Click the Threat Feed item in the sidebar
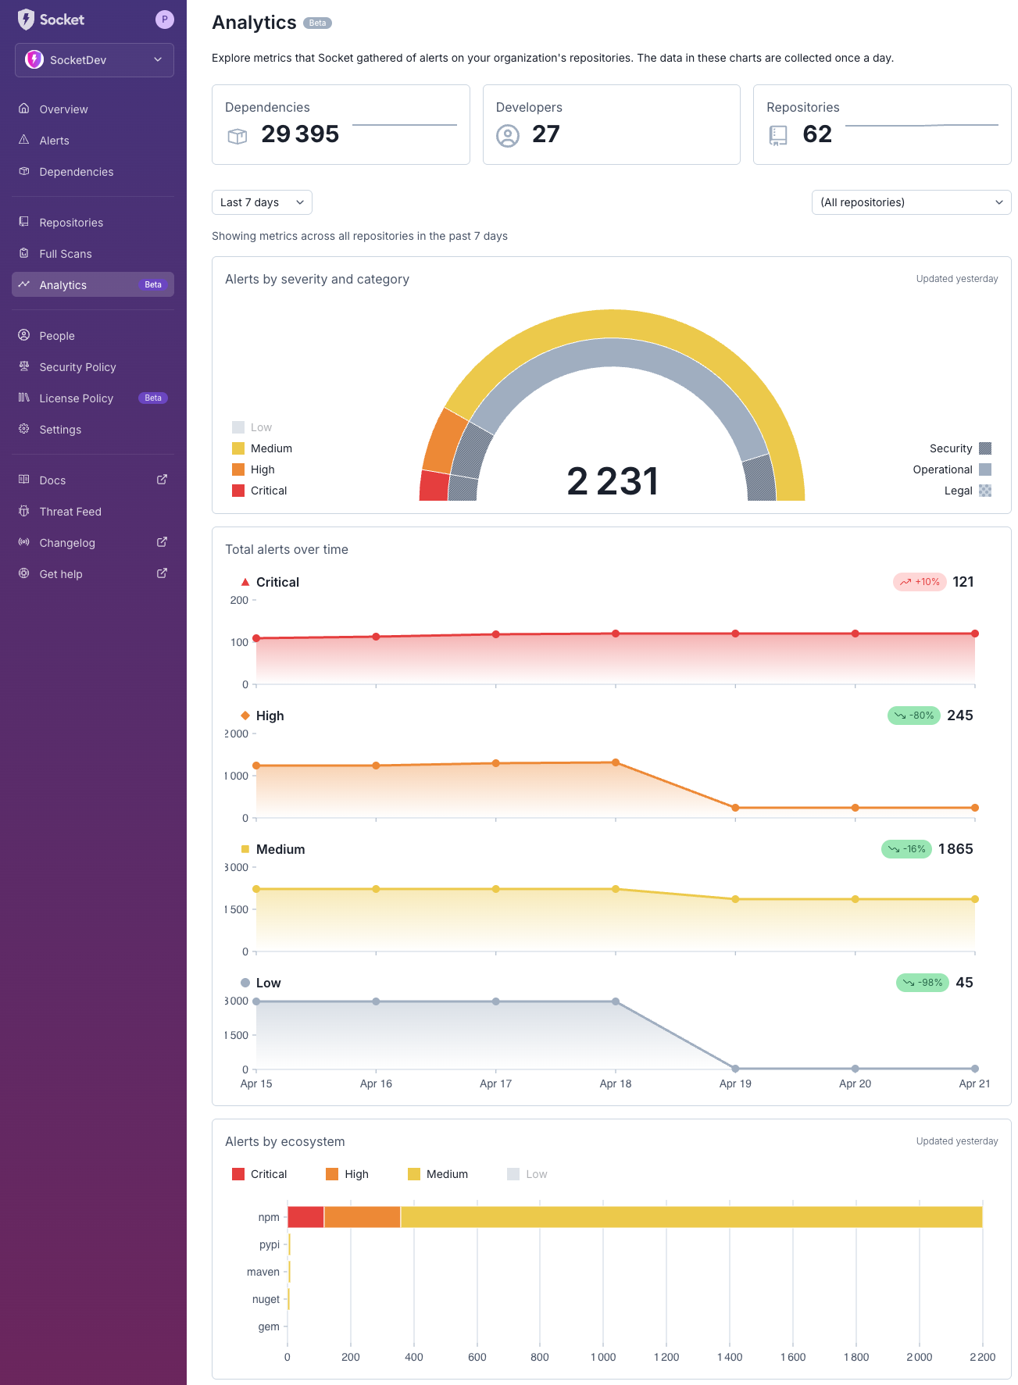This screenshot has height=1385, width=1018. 70,512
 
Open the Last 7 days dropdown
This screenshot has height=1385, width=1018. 262,202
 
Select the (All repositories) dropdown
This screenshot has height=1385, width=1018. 911,202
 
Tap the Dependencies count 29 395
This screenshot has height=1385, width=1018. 300,134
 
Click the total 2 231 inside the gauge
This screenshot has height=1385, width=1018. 613,481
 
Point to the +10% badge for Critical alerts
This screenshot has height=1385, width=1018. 920,582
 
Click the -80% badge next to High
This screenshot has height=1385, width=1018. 914,716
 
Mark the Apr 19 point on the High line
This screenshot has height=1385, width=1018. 735,808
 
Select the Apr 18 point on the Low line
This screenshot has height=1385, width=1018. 616,1001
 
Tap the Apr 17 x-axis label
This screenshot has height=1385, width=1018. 495,1083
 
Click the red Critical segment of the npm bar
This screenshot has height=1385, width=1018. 305,1217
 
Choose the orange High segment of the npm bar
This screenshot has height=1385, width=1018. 363,1217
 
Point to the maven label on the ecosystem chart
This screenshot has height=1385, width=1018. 263,1272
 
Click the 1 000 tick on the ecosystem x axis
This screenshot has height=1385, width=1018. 603,1357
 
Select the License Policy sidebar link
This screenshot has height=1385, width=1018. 77,398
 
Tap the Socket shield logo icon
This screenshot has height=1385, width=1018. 26,20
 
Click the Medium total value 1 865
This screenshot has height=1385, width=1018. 955,849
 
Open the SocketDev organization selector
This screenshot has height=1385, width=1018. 94,60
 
